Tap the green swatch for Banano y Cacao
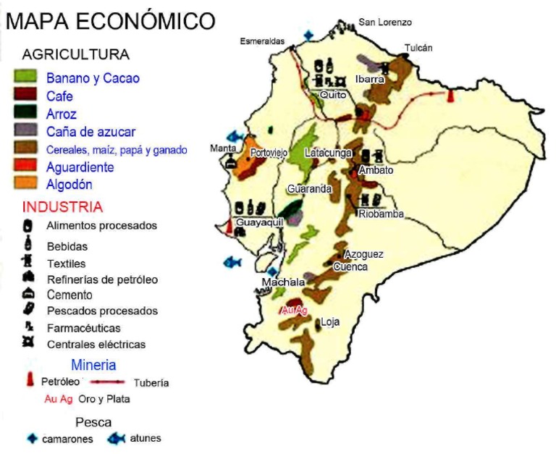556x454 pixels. (x=25, y=77)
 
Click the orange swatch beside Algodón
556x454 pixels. (x=25, y=184)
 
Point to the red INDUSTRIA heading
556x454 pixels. (x=62, y=207)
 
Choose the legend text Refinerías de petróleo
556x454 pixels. (x=102, y=279)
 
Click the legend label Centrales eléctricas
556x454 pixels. (x=96, y=345)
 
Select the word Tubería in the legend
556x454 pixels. (x=151, y=382)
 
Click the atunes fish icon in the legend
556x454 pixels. (x=116, y=438)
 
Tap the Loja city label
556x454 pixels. (x=330, y=322)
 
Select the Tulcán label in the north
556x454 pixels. (x=418, y=49)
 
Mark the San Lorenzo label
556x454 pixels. (x=385, y=22)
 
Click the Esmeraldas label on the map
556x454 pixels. (x=262, y=41)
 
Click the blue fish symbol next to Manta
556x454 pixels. (x=234, y=136)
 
